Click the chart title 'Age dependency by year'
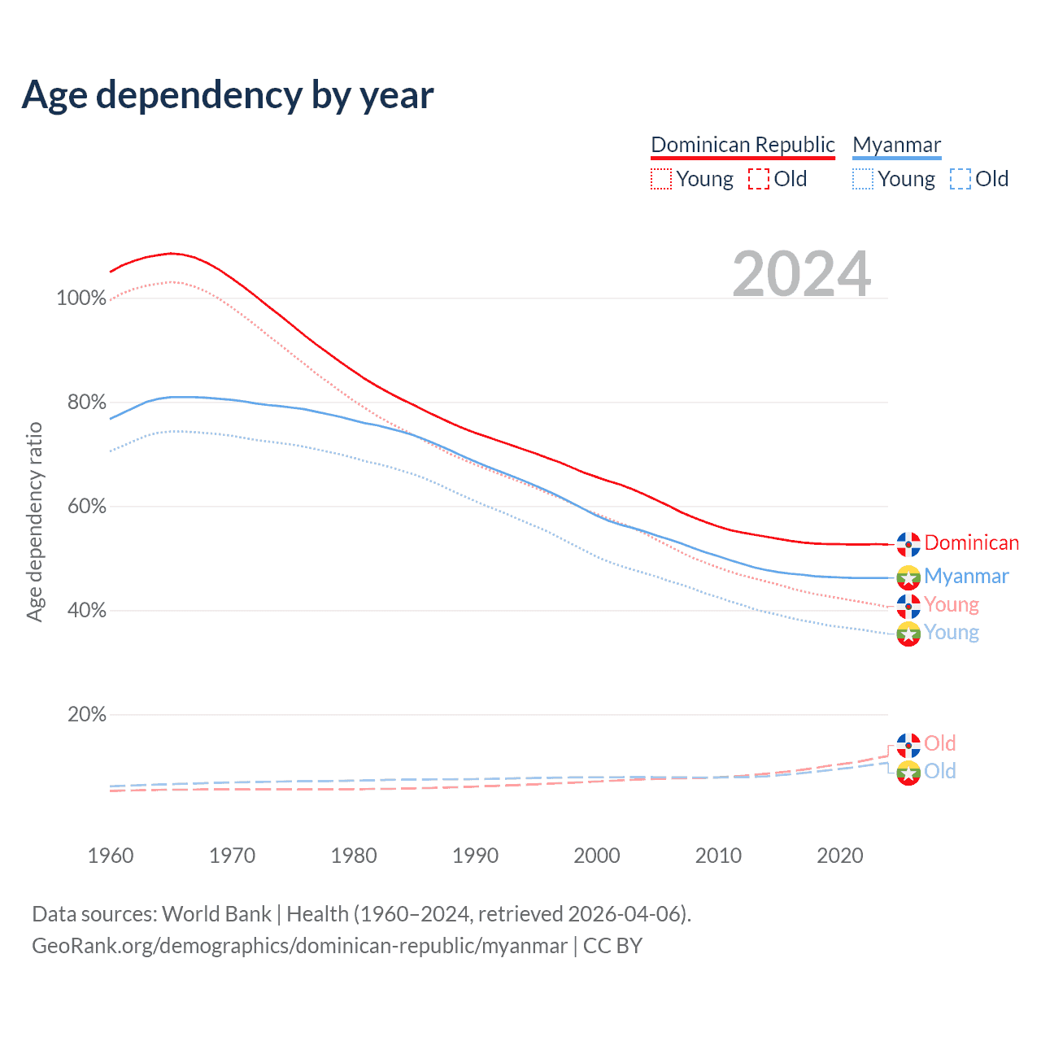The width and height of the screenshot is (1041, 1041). pyautogui.click(x=228, y=95)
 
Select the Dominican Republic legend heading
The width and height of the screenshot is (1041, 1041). pyautogui.click(x=743, y=145)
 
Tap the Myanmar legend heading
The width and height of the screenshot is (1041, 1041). pyautogui.click(x=896, y=145)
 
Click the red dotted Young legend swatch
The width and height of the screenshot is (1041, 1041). pyautogui.click(x=661, y=179)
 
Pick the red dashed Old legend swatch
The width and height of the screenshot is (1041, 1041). pyautogui.click(x=759, y=179)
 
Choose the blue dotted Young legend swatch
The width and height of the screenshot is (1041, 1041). pyautogui.click(x=863, y=179)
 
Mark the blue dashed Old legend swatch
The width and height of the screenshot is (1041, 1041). pyautogui.click(x=960, y=179)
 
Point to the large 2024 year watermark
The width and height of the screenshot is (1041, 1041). pyautogui.click(x=802, y=274)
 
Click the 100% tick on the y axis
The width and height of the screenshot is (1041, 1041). pyautogui.click(x=81, y=298)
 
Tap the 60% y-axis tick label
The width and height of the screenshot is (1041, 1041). pyautogui.click(x=86, y=507)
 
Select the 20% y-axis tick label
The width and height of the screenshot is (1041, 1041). pyautogui.click(x=86, y=715)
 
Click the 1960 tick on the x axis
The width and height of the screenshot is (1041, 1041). pyautogui.click(x=111, y=856)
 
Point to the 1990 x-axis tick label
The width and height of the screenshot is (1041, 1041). pyautogui.click(x=475, y=856)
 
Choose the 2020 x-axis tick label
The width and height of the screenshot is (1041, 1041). pyautogui.click(x=839, y=856)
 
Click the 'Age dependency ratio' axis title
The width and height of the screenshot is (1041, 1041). pyautogui.click(x=34, y=521)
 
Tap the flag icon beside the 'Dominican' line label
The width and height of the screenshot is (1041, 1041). pyautogui.click(x=908, y=543)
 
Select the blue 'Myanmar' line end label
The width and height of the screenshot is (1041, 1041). pyautogui.click(x=966, y=576)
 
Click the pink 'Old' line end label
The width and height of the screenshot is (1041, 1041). pyautogui.click(x=939, y=743)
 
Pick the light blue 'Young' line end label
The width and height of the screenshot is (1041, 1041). pyautogui.click(x=952, y=633)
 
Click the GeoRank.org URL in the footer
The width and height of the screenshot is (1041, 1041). pyautogui.click(x=299, y=946)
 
